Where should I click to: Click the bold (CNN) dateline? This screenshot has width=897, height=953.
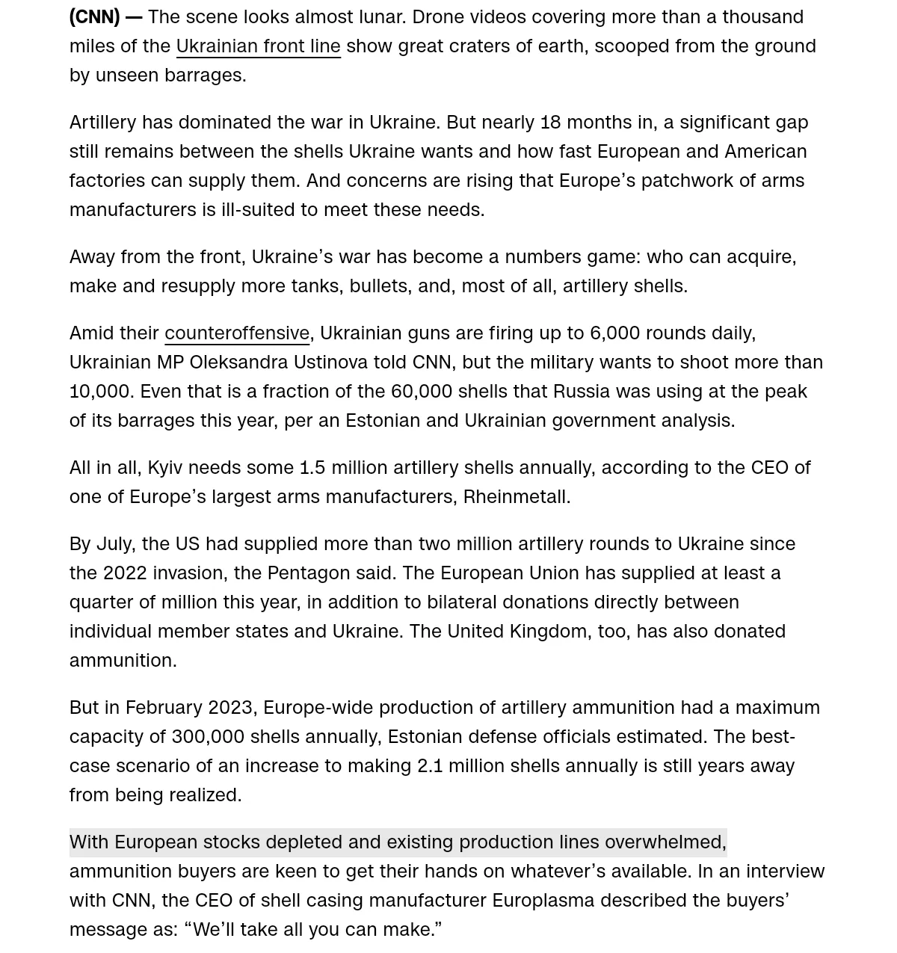coord(94,16)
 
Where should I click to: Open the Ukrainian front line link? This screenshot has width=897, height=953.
coord(258,46)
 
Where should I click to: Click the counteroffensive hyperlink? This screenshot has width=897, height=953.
coord(237,333)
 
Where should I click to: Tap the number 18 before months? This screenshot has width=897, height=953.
coord(550,122)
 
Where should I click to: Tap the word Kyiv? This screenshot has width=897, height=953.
coord(164,467)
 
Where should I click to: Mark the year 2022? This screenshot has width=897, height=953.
coord(125,573)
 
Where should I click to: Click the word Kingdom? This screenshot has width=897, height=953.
coord(548,631)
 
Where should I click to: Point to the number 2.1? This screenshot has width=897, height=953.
coord(430,765)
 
